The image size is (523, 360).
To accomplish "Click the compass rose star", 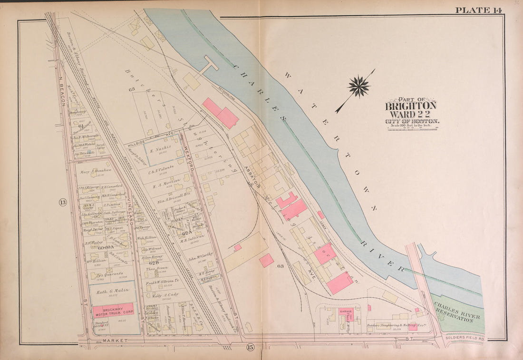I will (x=358, y=87).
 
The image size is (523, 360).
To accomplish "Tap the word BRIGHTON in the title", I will (x=410, y=106).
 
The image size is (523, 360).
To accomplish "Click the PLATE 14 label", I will (x=478, y=10).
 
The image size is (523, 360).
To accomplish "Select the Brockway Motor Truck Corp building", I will (x=113, y=310).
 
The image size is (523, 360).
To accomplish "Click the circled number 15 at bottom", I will (x=250, y=348).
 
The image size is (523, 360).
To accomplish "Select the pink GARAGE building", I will (x=345, y=311).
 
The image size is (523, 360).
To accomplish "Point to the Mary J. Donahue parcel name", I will (x=96, y=170).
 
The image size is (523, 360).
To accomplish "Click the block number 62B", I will (x=154, y=263).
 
